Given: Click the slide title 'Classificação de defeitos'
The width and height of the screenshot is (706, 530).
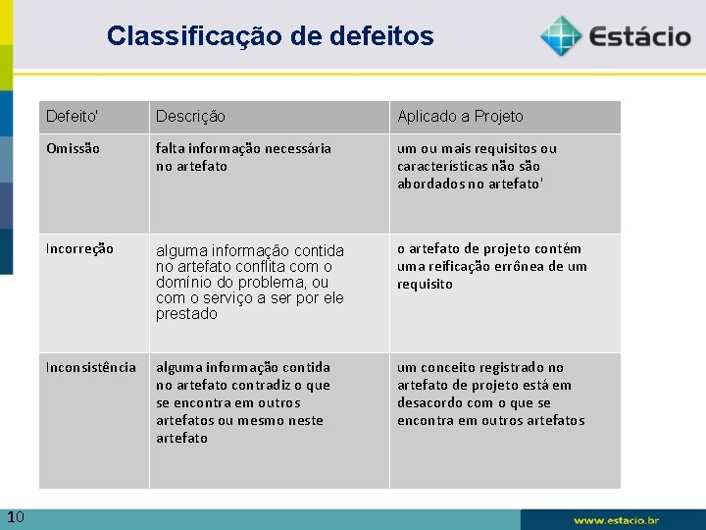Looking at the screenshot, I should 270,36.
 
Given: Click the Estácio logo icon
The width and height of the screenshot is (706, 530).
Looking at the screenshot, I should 560,36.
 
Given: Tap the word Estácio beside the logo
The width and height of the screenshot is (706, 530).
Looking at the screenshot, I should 640,37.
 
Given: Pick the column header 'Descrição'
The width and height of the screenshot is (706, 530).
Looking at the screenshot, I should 190,117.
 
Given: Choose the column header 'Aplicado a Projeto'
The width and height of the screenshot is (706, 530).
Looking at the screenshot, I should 460,117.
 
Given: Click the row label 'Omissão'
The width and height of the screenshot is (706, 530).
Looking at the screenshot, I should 73,149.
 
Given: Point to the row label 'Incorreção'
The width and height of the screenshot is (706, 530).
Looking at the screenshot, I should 79,249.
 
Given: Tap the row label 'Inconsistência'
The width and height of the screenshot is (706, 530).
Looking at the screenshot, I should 91,367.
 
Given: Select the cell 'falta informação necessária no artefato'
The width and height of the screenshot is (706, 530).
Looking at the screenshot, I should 243,157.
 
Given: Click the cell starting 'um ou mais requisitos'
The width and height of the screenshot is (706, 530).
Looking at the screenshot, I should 477,166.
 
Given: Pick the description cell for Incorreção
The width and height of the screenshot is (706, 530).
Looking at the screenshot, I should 250,283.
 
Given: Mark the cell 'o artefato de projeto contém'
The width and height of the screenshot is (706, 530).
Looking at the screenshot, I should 491,266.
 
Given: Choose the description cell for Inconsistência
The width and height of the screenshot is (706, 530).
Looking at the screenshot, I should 243,402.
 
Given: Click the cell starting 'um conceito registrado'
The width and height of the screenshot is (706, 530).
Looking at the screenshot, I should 490,394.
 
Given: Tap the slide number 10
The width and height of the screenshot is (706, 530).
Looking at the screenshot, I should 15,517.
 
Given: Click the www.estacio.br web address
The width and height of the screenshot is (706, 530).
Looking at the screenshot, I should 617,519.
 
